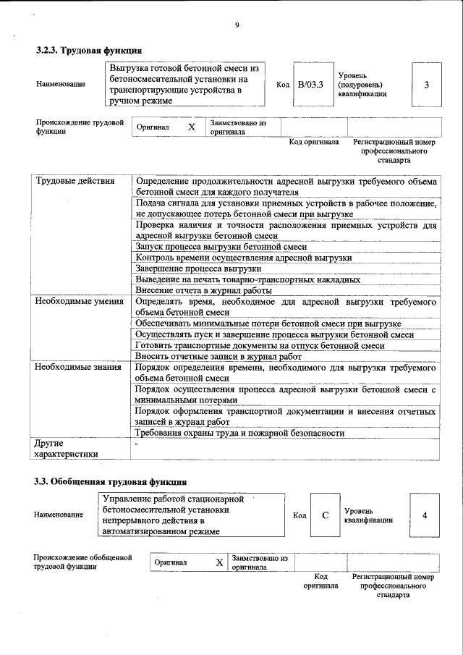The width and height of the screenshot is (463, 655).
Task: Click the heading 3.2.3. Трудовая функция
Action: coord(88,50)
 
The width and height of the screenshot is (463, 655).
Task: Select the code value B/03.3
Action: coord(310,84)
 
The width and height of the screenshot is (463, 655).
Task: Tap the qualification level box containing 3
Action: coord(426,85)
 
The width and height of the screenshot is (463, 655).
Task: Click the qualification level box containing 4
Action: coord(424,515)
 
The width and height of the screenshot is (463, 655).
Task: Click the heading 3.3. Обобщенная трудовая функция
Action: coord(111,481)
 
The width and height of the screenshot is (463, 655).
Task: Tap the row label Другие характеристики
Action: coord(65,447)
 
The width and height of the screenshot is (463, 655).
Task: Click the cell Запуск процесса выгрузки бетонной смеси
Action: coord(221,247)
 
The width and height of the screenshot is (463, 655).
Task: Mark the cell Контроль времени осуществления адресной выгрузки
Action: coord(243,258)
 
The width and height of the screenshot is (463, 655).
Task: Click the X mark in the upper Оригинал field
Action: coord(191,127)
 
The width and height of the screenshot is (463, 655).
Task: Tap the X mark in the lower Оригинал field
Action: coord(218,562)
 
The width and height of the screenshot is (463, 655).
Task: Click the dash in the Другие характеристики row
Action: coord(136,442)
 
